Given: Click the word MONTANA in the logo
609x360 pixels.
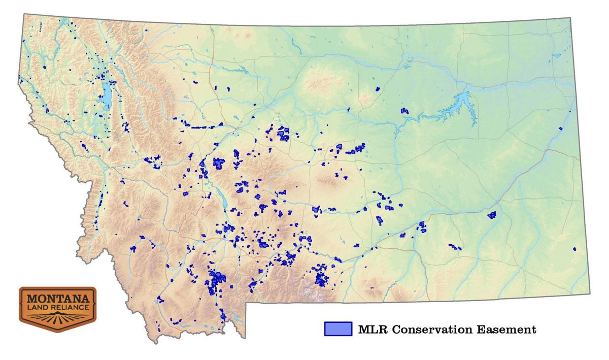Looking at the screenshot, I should (x=57, y=298).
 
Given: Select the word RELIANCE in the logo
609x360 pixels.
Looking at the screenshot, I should (x=67, y=308).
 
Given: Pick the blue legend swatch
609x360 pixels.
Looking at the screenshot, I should (x=337, y=329).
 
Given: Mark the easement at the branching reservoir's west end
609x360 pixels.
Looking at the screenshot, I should (x=404, y=111).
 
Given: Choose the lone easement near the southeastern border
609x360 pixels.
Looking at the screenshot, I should (x=574, y=249).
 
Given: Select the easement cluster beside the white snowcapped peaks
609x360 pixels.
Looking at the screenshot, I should (x=320, y=278).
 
